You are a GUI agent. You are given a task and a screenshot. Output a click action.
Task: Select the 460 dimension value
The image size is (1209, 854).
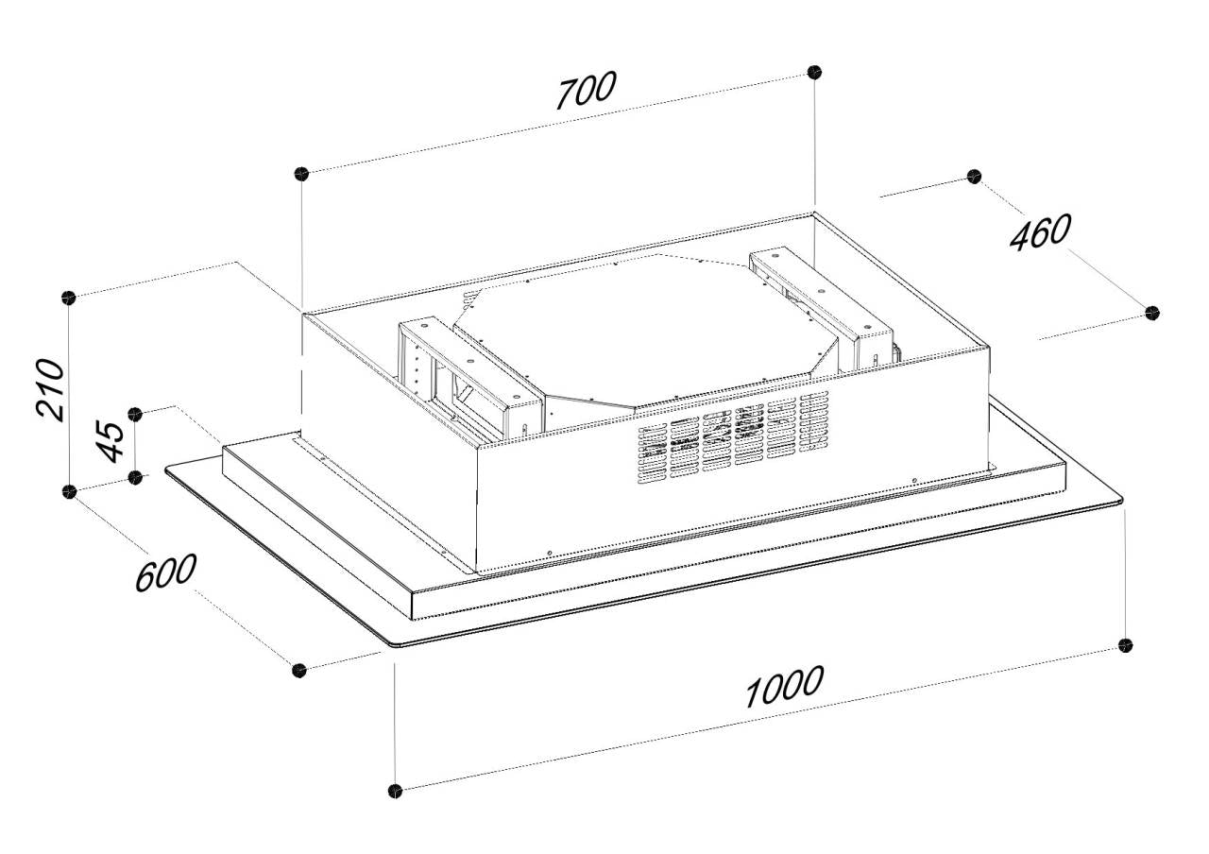[1041, 232]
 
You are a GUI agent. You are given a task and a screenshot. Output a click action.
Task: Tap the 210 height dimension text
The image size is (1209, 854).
[50, 390]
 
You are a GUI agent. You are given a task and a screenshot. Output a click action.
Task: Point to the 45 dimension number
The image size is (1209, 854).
[110, 441]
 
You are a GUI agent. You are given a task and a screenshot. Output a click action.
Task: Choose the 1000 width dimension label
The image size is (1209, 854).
[785, 687]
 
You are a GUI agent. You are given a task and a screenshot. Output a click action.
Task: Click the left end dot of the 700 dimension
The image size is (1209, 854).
[301, 174]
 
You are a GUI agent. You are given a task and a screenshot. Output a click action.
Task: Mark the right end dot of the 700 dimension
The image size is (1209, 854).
[814, 72]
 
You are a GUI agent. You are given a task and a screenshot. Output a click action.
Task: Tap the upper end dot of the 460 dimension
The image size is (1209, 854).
[974, 177]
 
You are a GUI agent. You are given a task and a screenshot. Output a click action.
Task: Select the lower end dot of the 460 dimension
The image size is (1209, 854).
[1152, 313]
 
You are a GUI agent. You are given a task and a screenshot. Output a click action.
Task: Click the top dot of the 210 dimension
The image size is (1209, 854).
[69, 298]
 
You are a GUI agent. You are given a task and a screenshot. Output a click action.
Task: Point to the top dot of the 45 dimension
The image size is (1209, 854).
[135, 414]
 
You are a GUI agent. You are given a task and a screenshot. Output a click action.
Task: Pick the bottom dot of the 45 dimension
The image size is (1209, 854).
[135, 477]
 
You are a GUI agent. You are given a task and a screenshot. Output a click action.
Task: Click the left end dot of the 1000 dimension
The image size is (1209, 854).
[395, 792]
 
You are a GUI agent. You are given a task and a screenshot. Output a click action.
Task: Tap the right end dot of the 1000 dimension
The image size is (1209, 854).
[1125, 645]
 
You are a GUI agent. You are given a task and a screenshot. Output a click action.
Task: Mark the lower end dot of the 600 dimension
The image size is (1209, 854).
[299, 671]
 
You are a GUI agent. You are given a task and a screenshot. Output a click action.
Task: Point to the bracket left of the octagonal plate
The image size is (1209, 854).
[468, 378]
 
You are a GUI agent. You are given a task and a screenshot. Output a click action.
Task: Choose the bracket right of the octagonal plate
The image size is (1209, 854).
[822, 309]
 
